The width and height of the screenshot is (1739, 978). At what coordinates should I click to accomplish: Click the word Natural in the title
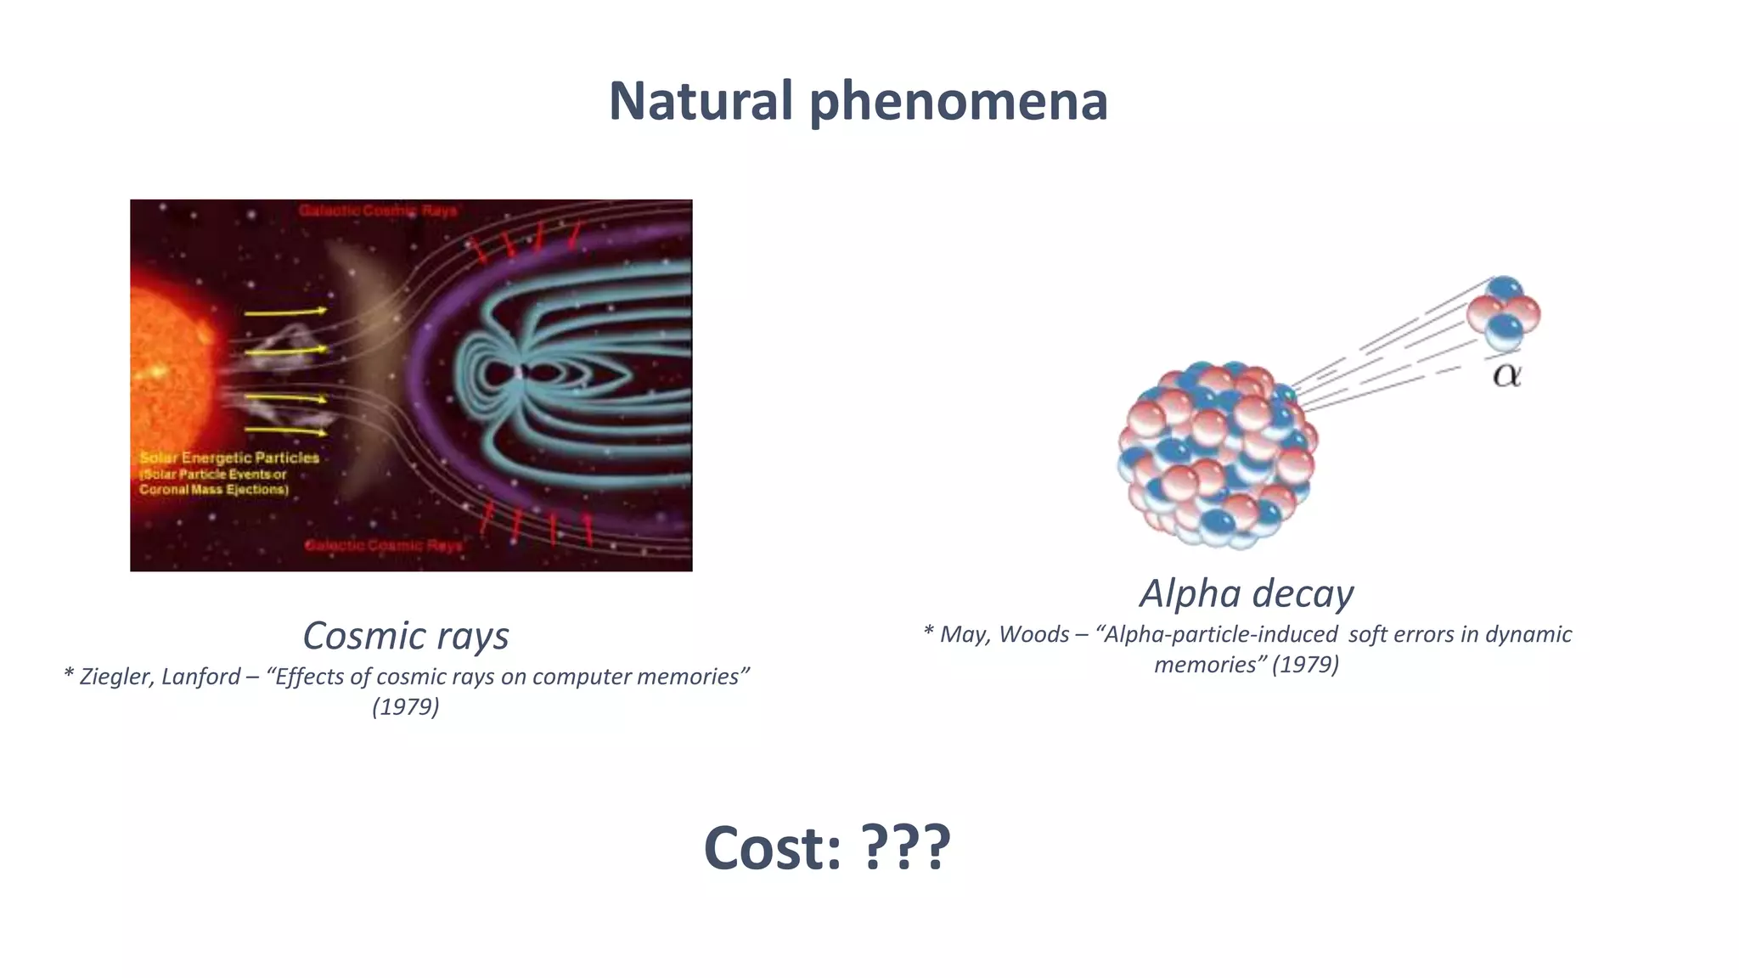point(701,101)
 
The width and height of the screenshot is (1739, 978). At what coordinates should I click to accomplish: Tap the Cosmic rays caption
point(406,636)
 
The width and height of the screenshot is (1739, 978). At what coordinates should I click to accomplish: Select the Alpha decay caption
point(1246,593)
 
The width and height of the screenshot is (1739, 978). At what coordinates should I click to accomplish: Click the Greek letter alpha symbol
point(1507,374)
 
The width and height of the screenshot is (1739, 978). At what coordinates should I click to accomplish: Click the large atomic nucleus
point(1216,455)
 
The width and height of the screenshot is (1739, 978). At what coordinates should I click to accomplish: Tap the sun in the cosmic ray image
point(166,365)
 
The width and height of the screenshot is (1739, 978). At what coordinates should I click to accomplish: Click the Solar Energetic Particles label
point(229,458)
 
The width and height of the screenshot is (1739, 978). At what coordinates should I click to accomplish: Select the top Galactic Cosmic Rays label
point(378,211)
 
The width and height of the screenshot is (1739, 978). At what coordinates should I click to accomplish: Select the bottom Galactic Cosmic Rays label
point(384,545)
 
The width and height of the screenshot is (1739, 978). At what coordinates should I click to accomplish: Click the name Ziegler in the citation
point(116,677)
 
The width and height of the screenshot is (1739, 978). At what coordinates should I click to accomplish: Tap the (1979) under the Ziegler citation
point(406,706)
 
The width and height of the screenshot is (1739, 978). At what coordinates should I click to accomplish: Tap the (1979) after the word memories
point(1305,664)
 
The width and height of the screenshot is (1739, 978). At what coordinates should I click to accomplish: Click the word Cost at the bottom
point(771,848)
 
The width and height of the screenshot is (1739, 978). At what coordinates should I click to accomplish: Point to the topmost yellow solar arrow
point(285,312)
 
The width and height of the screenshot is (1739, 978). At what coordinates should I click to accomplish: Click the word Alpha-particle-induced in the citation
point(1218,634)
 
